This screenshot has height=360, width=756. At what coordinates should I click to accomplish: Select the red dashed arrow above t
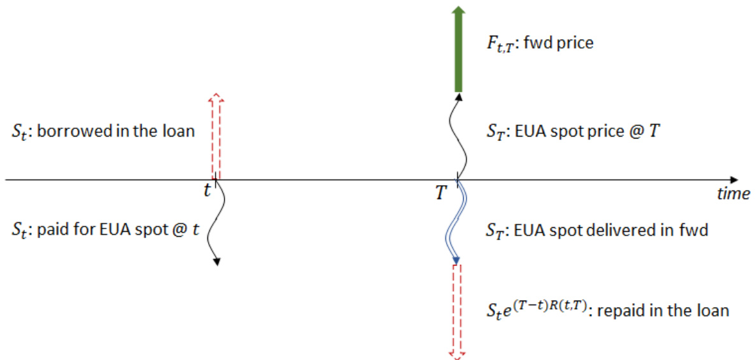pyautogui.click(x=217, y=137)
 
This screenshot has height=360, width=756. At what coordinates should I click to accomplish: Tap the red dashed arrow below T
pyautogui.click(x=457, y=310)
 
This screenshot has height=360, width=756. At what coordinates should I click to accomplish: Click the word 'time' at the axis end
pyautogui.click(x=732, y=195)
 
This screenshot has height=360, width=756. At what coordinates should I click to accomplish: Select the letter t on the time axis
pyautogui.click(x=207, y=190)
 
